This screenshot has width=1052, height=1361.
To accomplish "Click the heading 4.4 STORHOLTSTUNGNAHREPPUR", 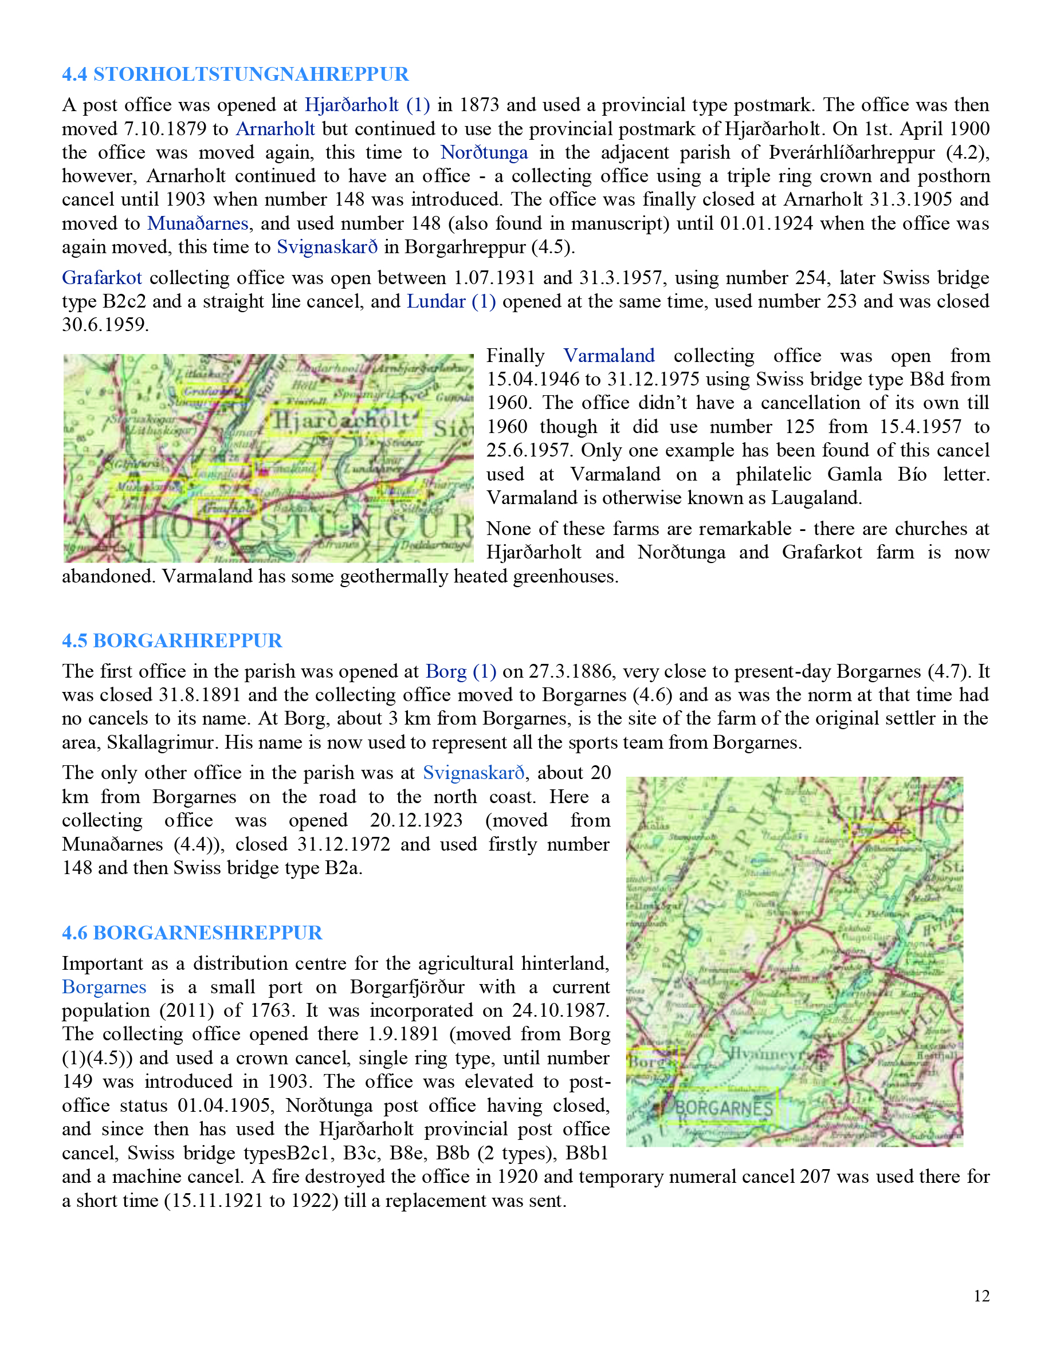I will click(x=235, y=74).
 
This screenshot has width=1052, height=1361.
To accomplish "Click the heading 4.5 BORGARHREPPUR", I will click(x=172, y=640).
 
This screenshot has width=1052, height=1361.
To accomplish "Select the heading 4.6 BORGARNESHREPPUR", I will click(x=192, y=933).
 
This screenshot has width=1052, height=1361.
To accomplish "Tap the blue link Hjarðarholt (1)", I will click(x=367, y=105).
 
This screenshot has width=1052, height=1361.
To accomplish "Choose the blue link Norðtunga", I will click(x=484, y=153).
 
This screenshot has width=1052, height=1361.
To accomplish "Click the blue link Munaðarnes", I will click(x=198, y=224).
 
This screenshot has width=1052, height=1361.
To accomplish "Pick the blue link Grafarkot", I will click(x=101, y=278).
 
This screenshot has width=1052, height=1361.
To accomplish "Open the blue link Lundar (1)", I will click(x=451, y=302).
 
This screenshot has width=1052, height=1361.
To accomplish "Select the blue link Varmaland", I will click(x=609, y=356).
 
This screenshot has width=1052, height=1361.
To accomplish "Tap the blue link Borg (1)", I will click(x=461, y=671).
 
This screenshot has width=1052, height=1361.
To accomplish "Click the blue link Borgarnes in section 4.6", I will click(x=104, y=987).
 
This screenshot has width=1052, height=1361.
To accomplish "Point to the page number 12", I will click(x=981, y=1296).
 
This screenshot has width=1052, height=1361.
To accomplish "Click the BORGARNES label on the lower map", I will click(x=724, y=1108).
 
